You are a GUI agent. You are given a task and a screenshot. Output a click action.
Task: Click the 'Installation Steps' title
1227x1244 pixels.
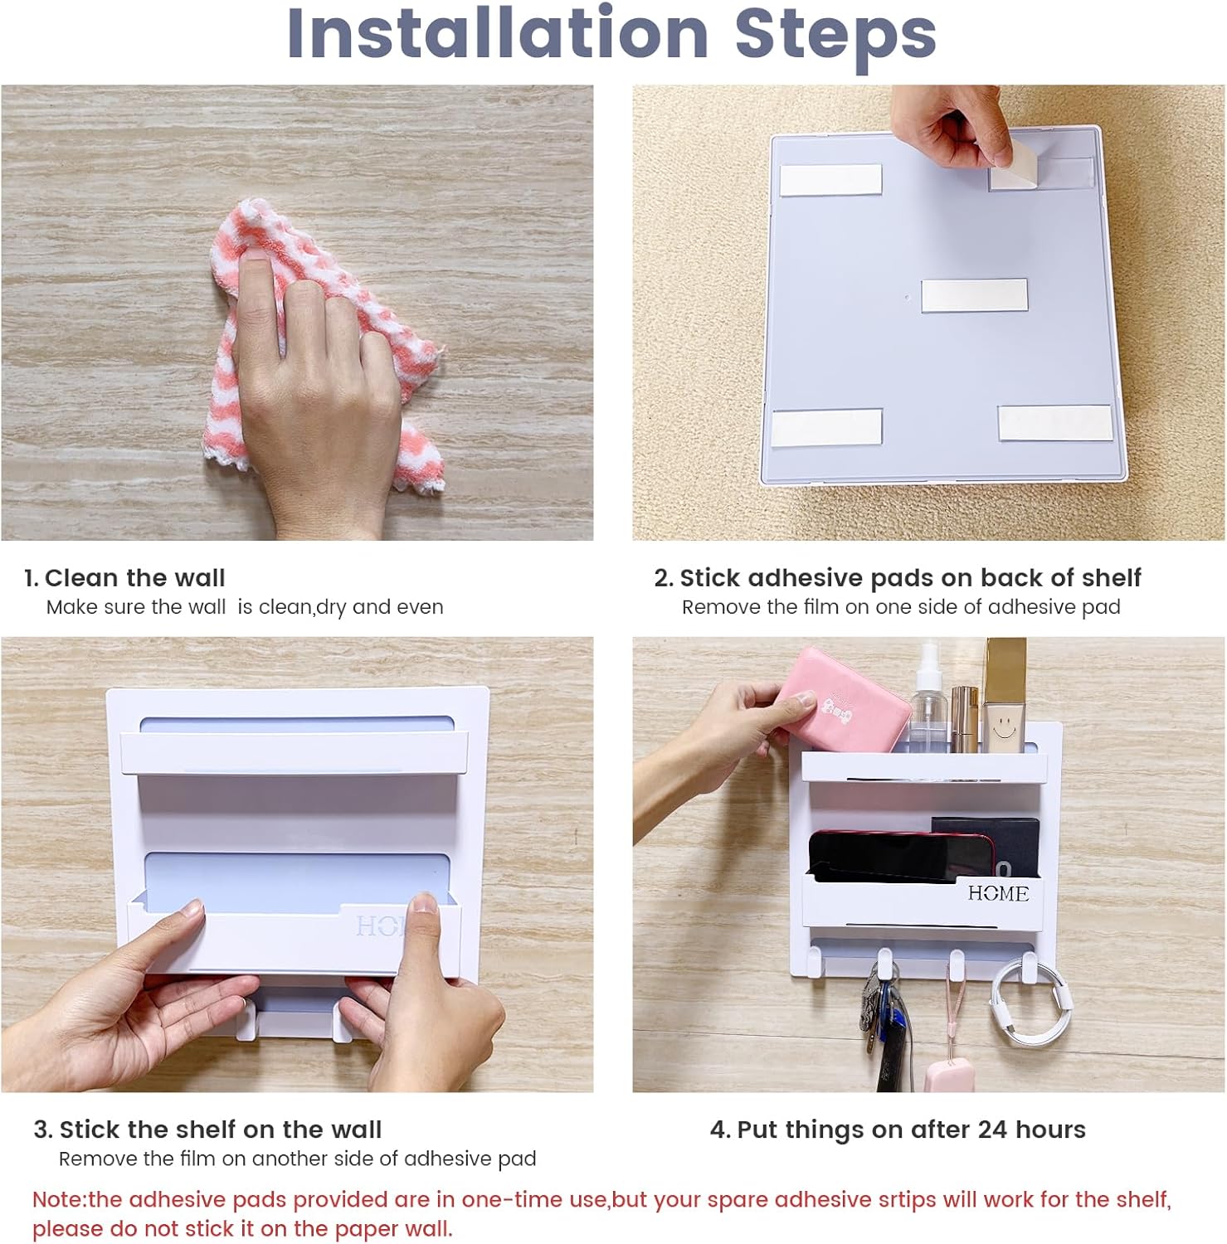point(611,35)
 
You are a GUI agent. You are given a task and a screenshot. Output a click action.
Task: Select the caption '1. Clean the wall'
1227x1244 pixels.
point(124,578)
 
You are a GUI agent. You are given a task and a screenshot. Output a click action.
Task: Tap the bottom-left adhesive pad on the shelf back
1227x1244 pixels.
point(826,425)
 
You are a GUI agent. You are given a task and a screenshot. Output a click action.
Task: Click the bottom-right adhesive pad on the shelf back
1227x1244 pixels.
point(1054,423)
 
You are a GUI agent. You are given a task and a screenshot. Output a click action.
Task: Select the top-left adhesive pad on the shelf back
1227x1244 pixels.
point(830,180)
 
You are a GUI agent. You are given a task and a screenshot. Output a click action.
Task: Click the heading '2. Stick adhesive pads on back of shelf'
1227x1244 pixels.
point(897,578)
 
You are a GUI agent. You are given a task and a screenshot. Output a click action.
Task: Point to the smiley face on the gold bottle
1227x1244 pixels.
point(1004,730)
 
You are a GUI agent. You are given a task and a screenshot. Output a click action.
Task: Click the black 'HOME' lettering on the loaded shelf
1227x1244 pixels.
point(998,893)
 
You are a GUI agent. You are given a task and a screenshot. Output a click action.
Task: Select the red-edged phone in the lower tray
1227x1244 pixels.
point(900,854)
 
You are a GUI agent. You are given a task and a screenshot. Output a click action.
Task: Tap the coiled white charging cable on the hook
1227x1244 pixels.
point(1029,1008)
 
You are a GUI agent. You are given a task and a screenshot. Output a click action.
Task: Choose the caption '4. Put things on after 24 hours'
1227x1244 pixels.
point(898,1130)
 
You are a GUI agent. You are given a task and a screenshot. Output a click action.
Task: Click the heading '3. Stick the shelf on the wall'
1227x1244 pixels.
point(207,1130)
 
